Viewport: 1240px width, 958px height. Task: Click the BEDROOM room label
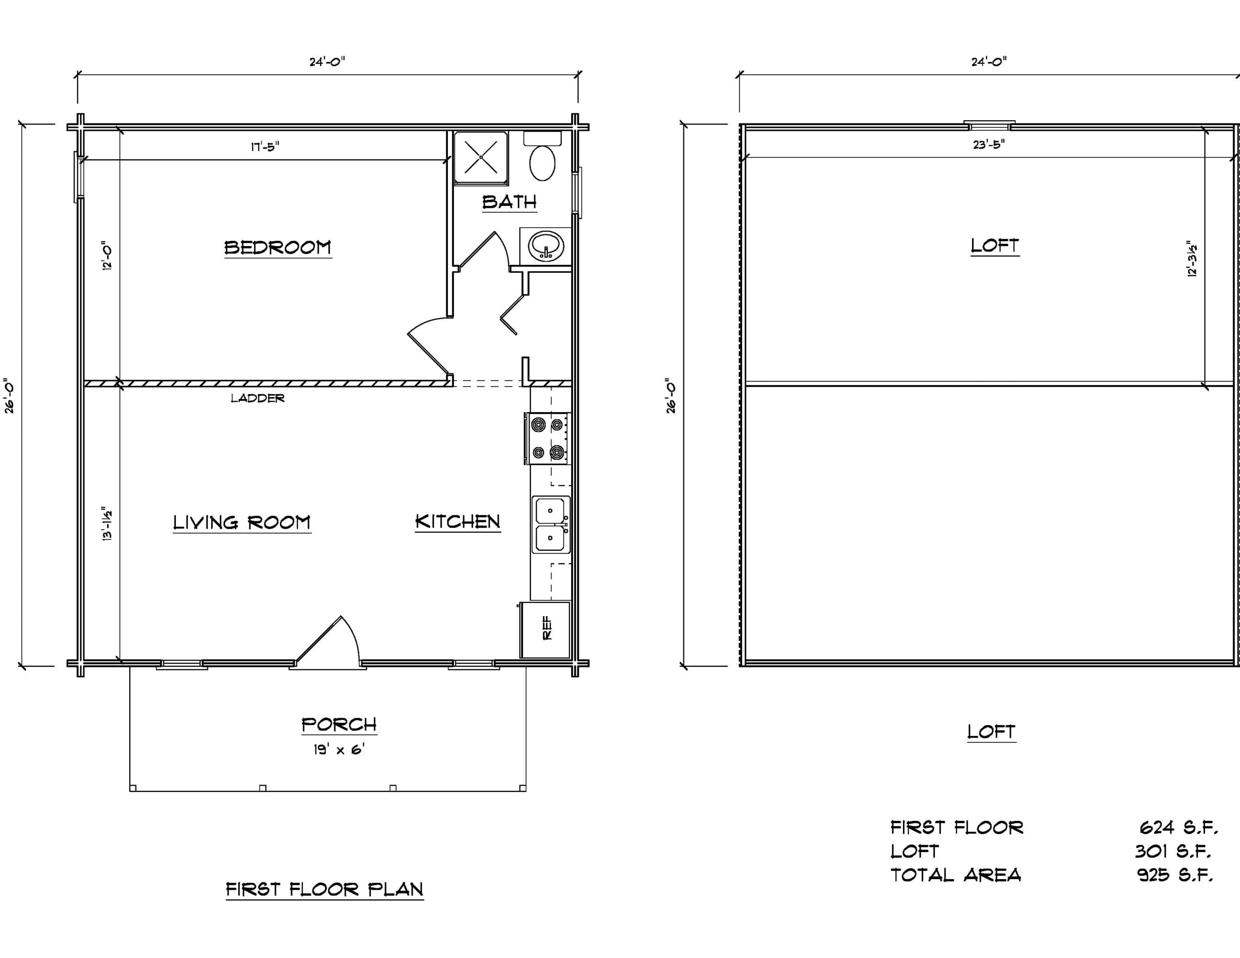[x=278, y=247]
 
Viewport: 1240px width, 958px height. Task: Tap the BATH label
[x=509, y=201]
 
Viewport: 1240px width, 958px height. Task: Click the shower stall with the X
[x=481, y=157]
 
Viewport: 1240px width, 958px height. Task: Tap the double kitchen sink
[x=551, y=524]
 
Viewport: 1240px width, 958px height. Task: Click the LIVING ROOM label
[x=242, y=523]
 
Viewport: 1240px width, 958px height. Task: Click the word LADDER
[x=258, y=399]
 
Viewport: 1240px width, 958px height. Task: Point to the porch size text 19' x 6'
[x=339, y=750]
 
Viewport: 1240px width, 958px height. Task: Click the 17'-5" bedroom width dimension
[x=265, y=147]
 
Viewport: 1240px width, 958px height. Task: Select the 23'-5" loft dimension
[x=989, y=145]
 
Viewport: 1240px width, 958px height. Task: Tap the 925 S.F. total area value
[x=1175, y=875]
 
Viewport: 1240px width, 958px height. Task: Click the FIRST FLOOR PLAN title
[x=325, y=889]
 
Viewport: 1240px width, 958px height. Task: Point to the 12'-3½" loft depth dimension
[x=1192, y=261]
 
